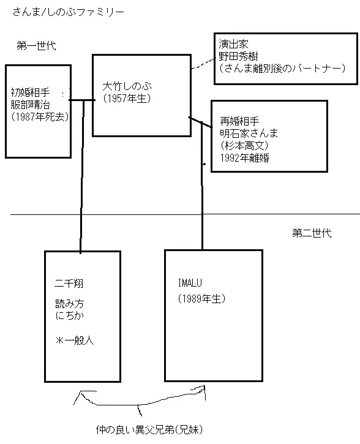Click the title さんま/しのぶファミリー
(x=68, y=12)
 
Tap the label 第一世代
(x=36, y=45)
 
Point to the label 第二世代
(x=312, y=233)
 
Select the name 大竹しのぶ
(x=127, y=86)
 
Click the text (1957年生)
(x=127, y=98)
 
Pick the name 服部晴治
(x=30, y=105)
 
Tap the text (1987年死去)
(x=40, y=116)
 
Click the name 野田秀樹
(x=238, y=56)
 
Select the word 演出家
(x=233, y=44)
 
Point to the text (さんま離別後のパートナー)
(x=282, y=68)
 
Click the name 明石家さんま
(x=249, y=133)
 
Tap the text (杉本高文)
(x=244, y=145)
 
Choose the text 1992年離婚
(x=245, y=158)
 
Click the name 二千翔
(x=69, y=283)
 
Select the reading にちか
(x=70, y=315)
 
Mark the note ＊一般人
(x=75, y=340)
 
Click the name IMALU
(x=190, y=282)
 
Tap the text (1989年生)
(x=201, y=299)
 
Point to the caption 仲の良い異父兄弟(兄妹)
(x=149, y=429)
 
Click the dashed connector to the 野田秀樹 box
(x=203, y=64)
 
